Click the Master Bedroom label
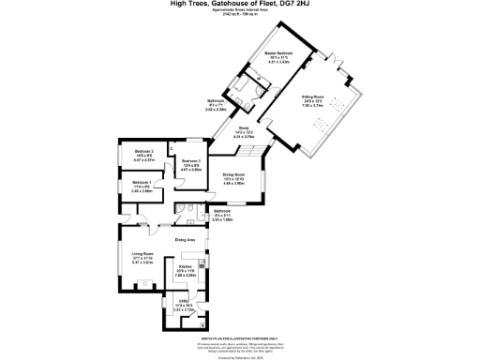pyautogui.click(x=277, y=53)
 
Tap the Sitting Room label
pyautogui.click(x=338, y=97)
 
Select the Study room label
pyautogui.click(x=244, y=127)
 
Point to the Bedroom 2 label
pyautogui.click(x=191, y=161)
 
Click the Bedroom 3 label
pyautogui.click(x=143, y=151)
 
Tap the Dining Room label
pyautogui.click(x=233, y=174)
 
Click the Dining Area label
pyautogui.click(x=186, y=240)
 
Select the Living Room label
pyautogui.click(x=142, y=254)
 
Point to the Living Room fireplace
pyautogui.click(x=142, y=283)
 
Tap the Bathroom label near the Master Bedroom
pyautogui.click(x=215, y=100)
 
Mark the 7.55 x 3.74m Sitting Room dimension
pyautogui.click(x=338, y=106)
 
